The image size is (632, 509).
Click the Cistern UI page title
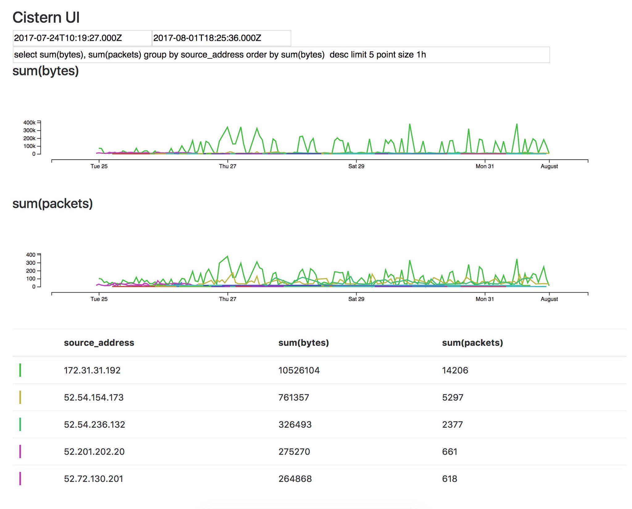[46, 18]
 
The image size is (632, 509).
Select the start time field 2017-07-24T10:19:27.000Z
[82, 38]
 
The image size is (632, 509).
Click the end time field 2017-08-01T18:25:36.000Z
[221, 38]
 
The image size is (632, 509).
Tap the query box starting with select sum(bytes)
[281, 55]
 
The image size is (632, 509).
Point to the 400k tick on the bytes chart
[29, 123]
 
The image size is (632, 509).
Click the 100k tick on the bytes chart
[29, 146]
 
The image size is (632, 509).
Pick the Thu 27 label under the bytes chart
[228, 166]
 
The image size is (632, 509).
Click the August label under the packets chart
[549, 299]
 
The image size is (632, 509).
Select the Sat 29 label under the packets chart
[356, 299]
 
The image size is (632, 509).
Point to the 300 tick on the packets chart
[31, 263]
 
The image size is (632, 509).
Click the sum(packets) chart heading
[52, 204]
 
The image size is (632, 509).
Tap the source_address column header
[99, 343]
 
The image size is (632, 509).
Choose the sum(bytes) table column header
[303, 343]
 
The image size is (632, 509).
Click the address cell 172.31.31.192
[92, 370]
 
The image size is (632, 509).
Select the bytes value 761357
[294, 397]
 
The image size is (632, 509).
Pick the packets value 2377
[452, 424]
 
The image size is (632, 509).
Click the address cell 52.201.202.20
[94, 452]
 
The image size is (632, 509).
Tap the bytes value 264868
[295, 479]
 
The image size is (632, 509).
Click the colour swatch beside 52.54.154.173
[20, 397]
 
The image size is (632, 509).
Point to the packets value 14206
[455, 370]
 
